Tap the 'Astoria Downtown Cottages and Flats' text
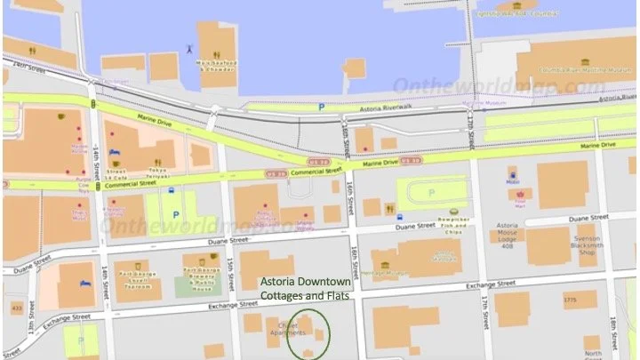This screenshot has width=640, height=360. [305, 291]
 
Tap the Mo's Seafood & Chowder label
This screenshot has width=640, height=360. [214, 66]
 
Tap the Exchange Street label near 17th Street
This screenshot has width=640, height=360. [492, 284]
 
